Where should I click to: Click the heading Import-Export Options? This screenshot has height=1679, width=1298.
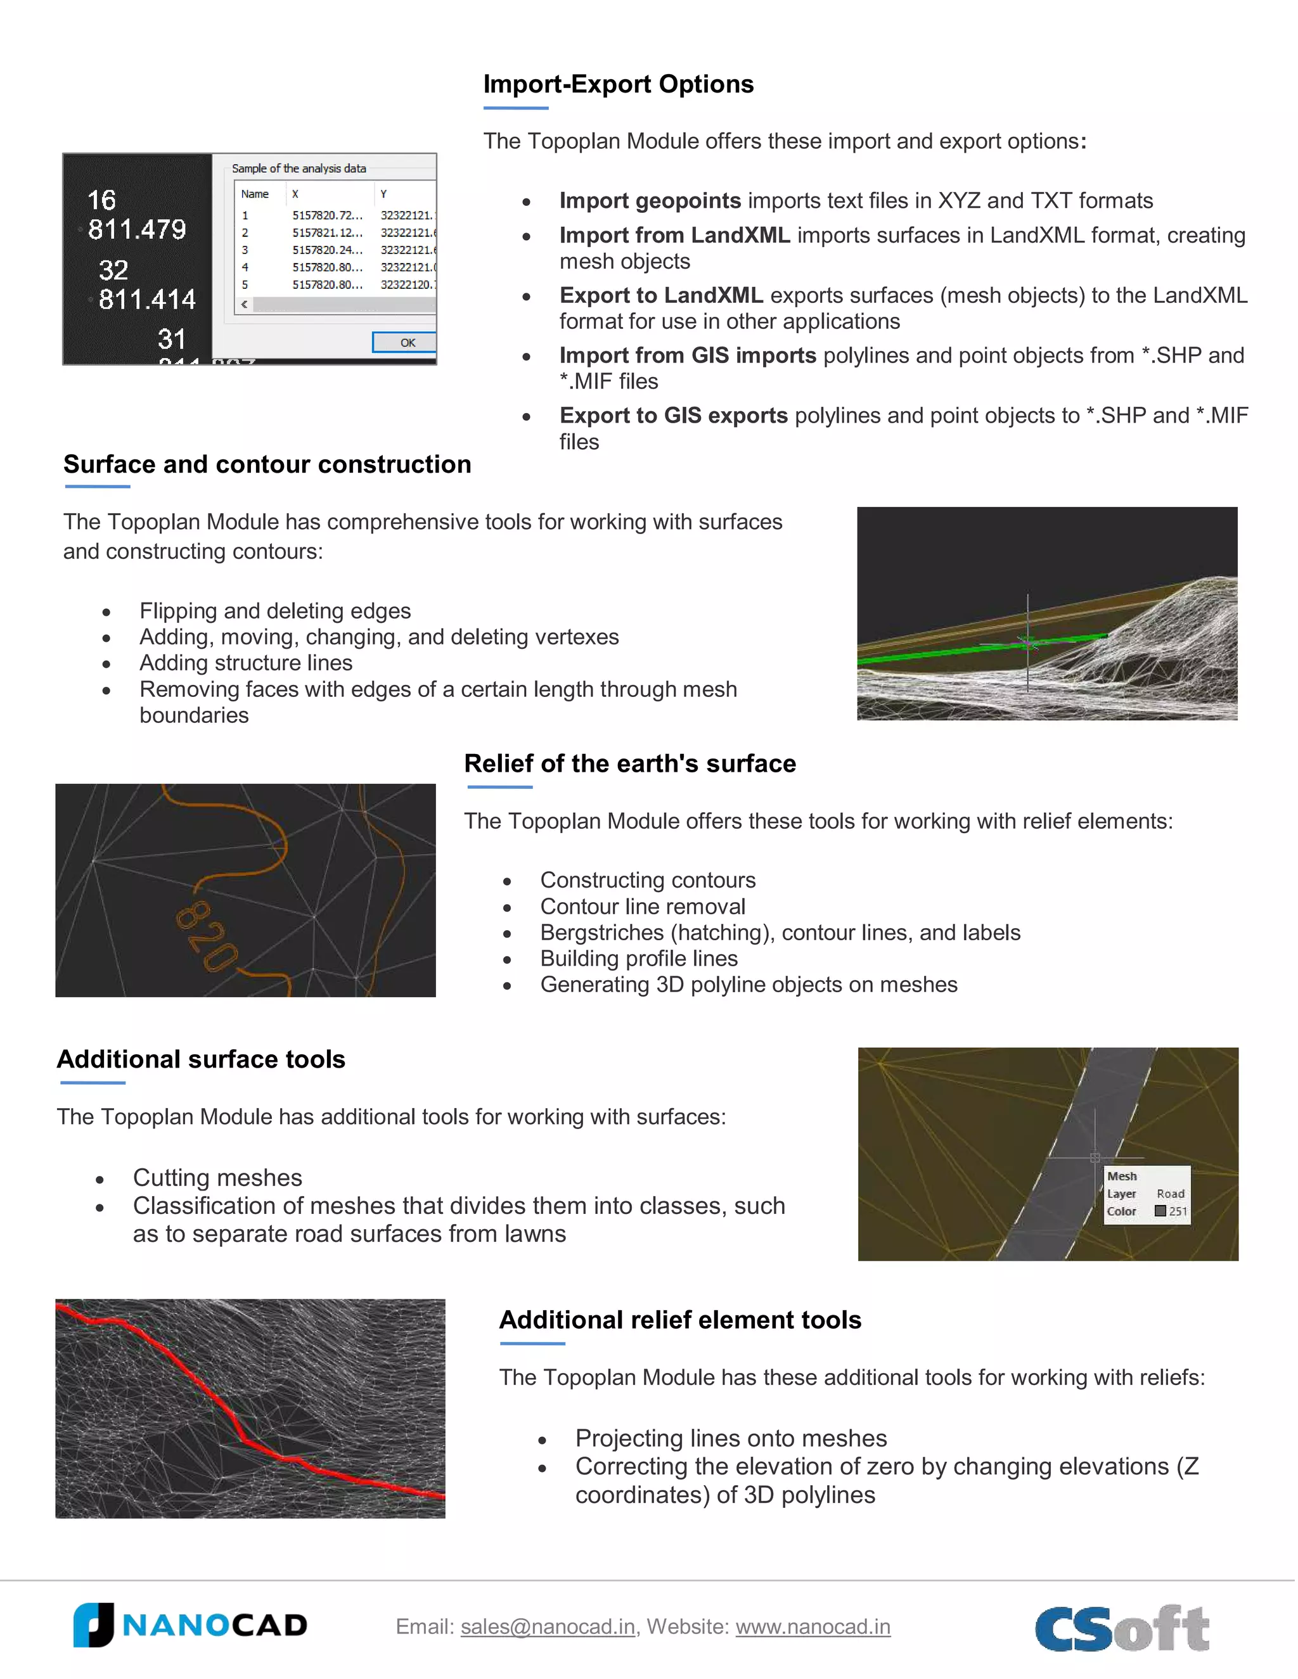[618, 84]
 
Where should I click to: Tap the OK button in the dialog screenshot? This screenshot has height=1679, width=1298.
[406, 343]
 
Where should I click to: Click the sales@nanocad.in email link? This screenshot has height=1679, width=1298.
[548, 1626]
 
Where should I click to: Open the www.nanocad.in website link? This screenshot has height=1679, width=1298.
[813, 1626]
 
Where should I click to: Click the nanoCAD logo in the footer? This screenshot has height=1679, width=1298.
[190, 1625]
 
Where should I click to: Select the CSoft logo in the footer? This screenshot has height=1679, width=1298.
[1122, 1628]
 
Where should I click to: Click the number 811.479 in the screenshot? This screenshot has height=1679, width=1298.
[137, 229]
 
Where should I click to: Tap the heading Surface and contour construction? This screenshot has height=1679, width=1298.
[267, 464]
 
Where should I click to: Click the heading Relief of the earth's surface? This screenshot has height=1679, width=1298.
[630, 763]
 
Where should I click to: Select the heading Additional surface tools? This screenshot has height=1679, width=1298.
[201, 1059]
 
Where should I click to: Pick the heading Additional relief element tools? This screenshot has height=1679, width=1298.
[680, 1319]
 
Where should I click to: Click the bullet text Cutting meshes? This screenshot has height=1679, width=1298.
[217, 1177]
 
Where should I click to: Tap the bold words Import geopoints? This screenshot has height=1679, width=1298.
[650, 201]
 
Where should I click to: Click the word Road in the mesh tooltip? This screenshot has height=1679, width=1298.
[1169, 1194]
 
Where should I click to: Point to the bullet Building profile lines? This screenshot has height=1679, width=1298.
[638, 958]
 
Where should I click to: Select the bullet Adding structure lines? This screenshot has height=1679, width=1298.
[246, 663]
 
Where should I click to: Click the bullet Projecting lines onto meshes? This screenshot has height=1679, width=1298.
[731, 1438]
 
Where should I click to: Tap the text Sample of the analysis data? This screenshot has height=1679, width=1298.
[299, 169]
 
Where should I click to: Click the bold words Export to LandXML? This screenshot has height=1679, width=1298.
[660, 295]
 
